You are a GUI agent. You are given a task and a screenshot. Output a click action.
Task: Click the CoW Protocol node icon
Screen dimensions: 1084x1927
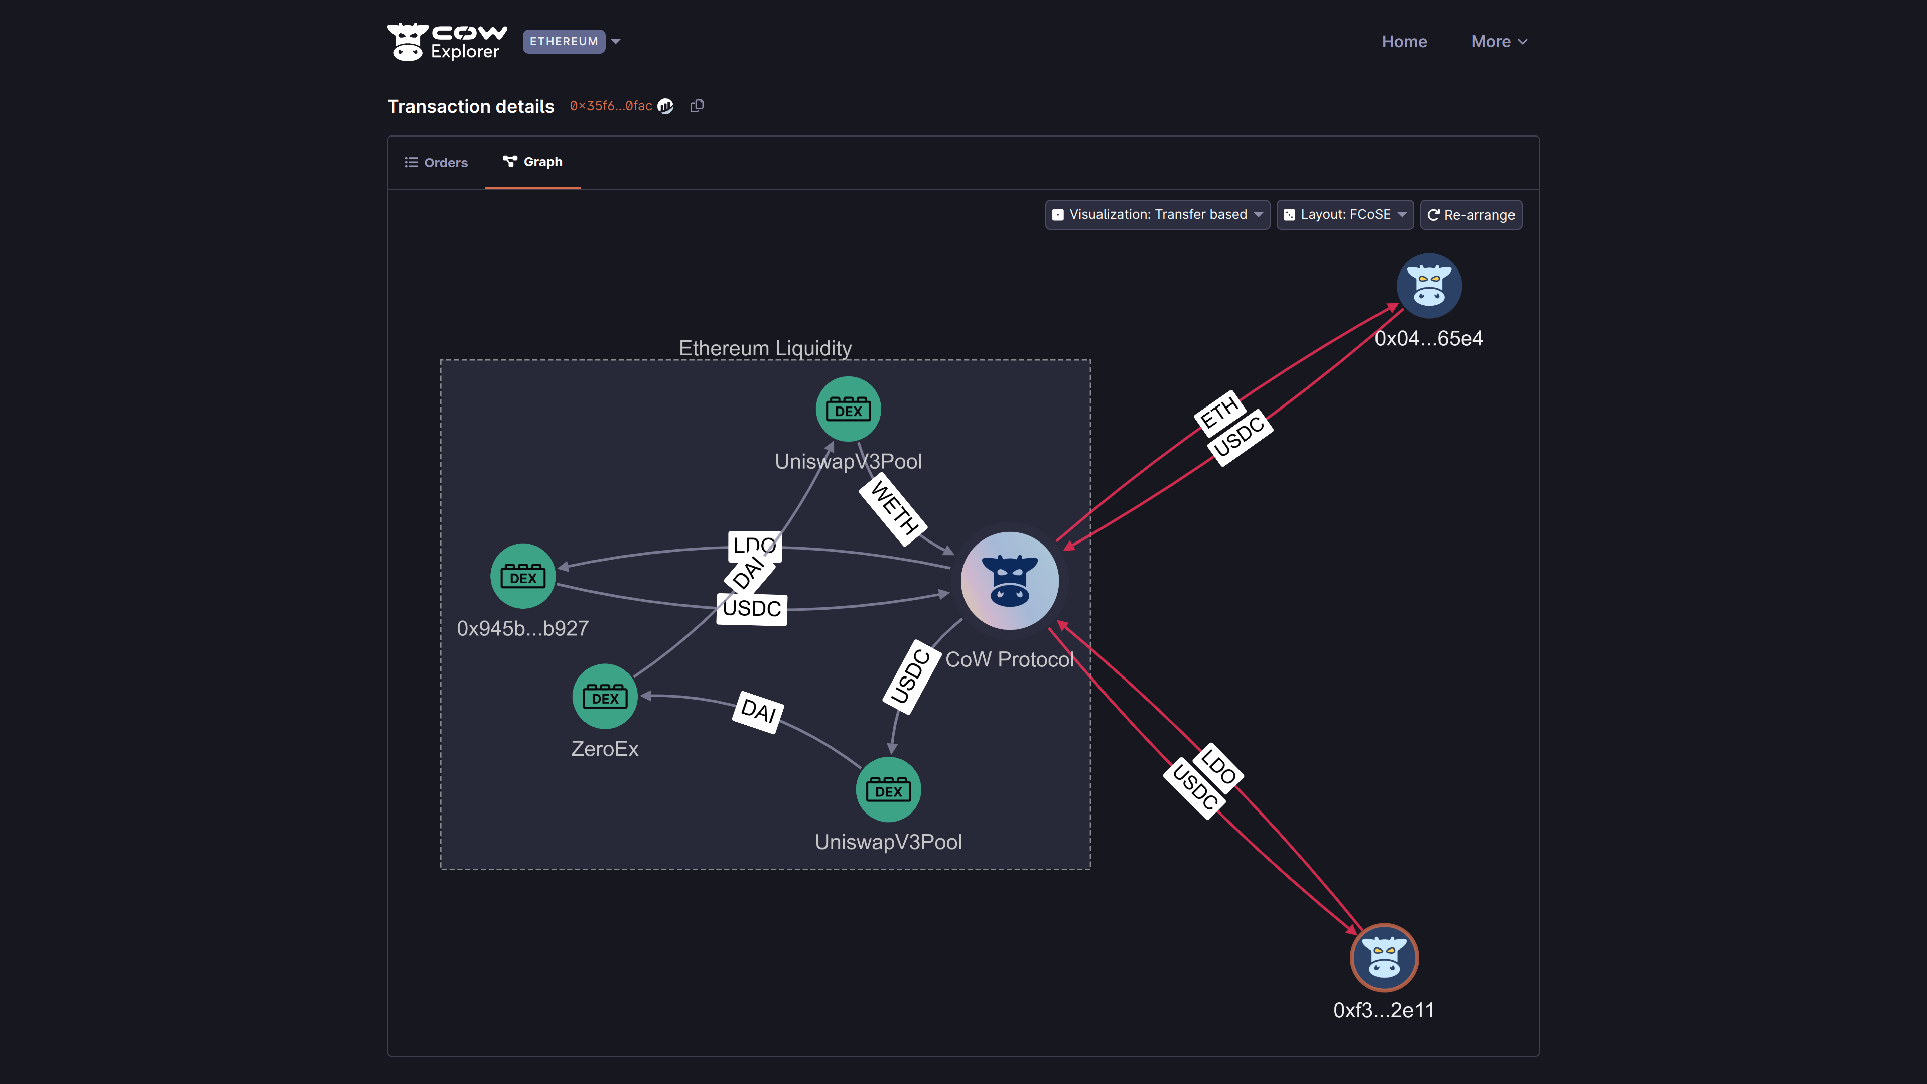point(1009,581)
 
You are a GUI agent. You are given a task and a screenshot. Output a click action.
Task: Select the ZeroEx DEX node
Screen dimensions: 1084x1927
point(604,697)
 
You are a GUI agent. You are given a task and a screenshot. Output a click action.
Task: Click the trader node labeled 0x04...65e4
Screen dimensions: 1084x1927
point(1429,286)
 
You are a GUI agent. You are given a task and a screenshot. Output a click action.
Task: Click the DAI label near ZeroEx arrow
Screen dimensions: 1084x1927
point(758,710)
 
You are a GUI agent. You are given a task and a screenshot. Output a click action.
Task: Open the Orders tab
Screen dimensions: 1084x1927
point(437,162)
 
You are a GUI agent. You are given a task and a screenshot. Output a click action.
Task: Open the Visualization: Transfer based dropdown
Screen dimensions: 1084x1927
point(1157,215)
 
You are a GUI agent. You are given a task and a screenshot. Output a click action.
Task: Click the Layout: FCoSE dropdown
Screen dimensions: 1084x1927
point(1344,215)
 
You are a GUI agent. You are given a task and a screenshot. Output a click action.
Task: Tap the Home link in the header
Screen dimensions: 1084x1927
point(1404,42)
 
